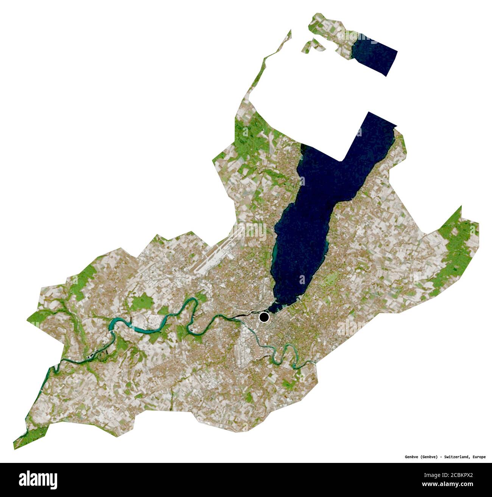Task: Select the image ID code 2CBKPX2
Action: [x=460, y=474]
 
